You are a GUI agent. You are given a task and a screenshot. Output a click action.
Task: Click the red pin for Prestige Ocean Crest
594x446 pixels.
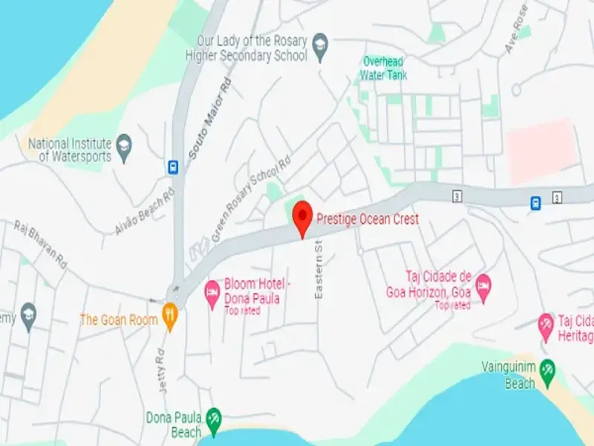tap(302, 216)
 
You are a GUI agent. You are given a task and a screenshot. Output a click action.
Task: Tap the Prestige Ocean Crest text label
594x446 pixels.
tap(368, 219)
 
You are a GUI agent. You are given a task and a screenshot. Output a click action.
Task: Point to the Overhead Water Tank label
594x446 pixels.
tap(384, 68)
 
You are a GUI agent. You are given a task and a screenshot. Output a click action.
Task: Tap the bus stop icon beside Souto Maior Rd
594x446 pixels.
tap(173, 167)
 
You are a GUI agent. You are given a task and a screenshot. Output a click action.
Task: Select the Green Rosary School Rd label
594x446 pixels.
tap(250, 200)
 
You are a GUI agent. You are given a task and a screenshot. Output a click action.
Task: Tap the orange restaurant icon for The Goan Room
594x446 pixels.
tap(171, 316)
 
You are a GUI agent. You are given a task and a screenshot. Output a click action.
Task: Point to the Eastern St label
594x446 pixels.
tap(319, 269)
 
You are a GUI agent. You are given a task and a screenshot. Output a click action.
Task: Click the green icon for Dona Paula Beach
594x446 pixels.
tap(214, 418)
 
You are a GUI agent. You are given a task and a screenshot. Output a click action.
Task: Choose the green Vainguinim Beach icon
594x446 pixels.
tap(547, 369)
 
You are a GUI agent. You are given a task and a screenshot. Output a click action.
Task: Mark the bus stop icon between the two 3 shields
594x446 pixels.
tap(535, 202)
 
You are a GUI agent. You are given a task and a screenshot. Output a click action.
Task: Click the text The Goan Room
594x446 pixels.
tap(119, 320)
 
